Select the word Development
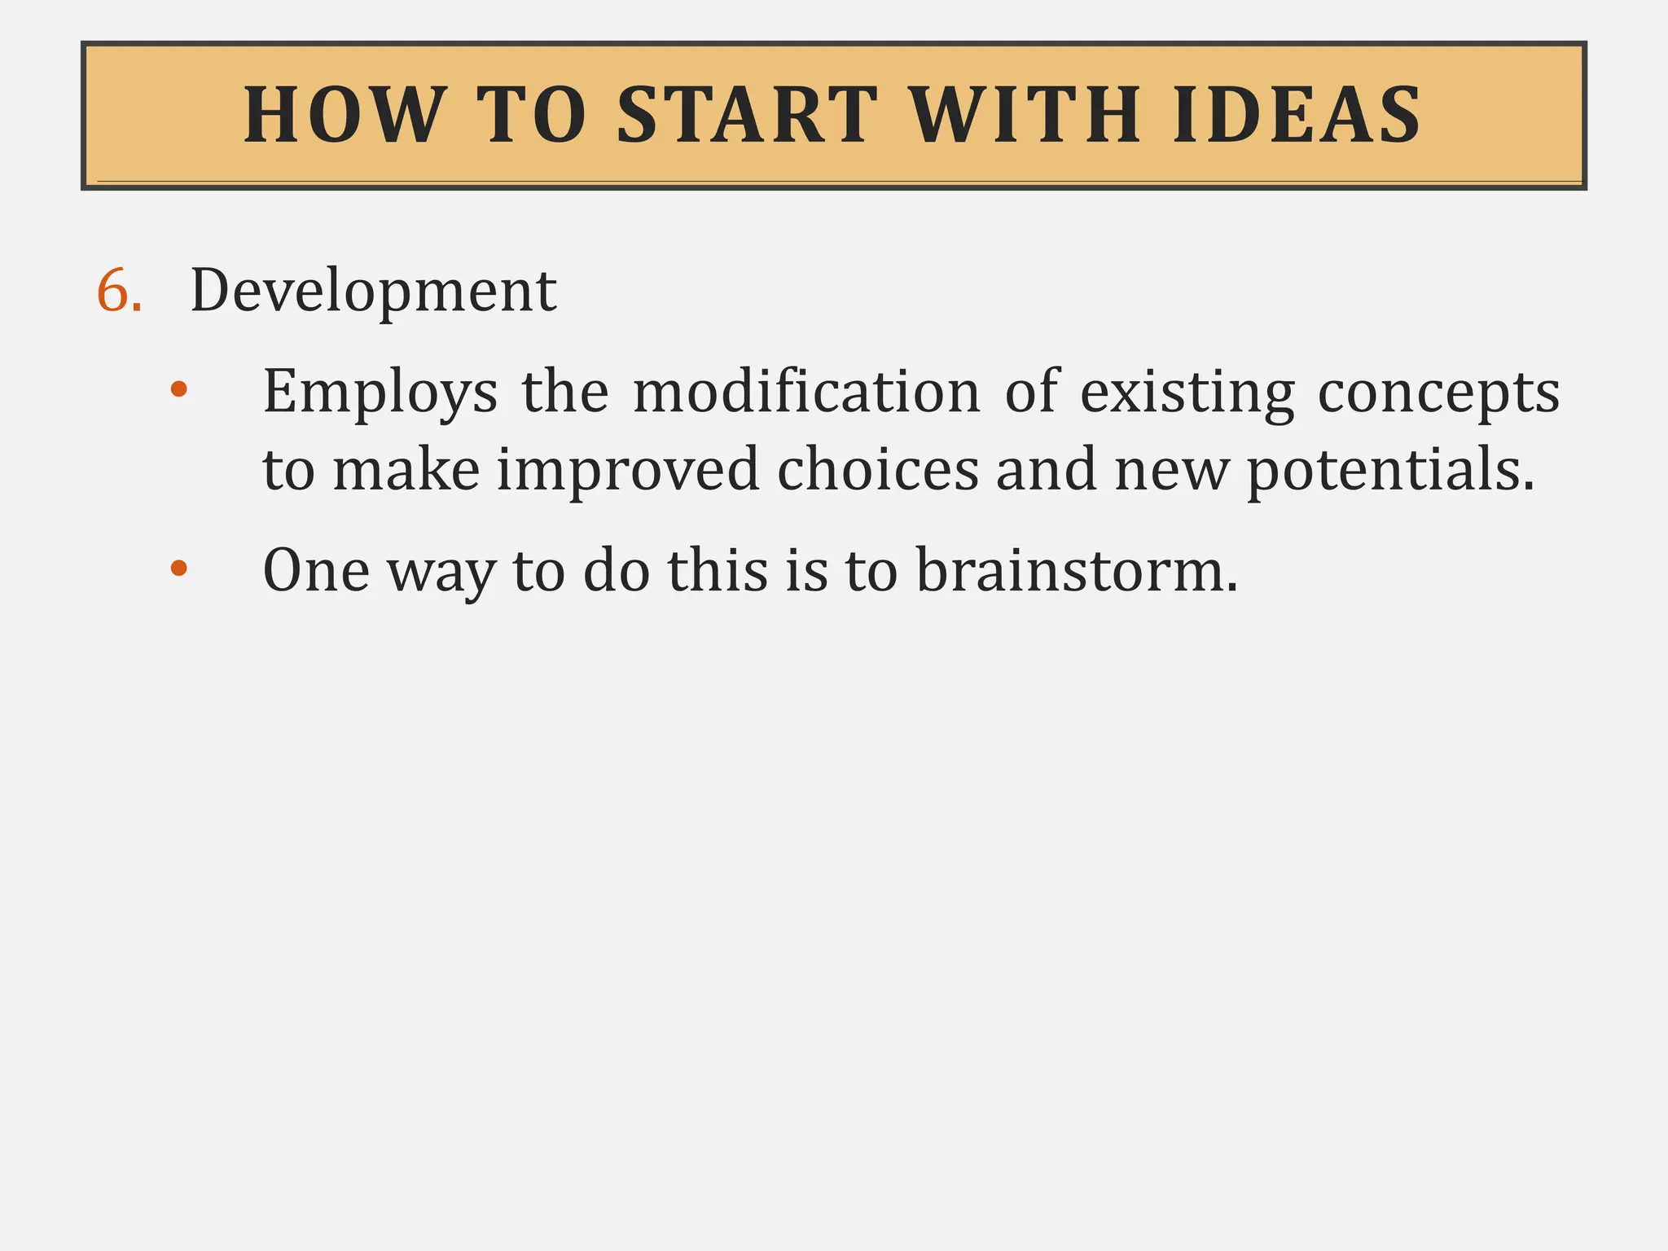(x=373, y=291)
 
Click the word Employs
(x=380, y=393)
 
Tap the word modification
(x=806, y=393)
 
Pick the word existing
(x=1187, y=393)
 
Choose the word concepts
(x=1438, y=393)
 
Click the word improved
(x=628, y=471)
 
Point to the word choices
(x=877, y=470)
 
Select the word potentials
(x=1390, y=471)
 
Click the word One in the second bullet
(x=316, y=570)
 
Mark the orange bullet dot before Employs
(x=178, y=389)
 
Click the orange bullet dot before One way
(x=178, y=568)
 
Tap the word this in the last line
(x=718, y=570)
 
